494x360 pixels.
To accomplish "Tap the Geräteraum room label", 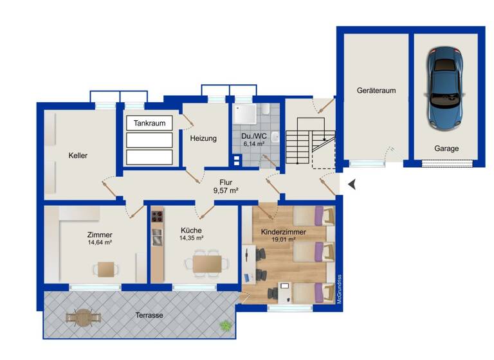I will tap(376, 91).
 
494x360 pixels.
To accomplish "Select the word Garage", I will tap(446, 148).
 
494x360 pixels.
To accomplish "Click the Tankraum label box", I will tap(150, 123).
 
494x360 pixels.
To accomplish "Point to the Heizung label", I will tap(203, 138).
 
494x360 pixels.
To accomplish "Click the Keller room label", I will tap(78, 156).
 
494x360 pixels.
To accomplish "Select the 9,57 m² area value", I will tap(226, 191).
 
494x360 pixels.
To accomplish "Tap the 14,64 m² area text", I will tap(100, 243).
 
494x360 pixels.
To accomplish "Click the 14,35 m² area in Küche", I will tap(191, 238).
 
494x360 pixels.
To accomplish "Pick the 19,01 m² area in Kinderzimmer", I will tap(283, 240).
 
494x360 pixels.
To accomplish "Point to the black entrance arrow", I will tap(352, 185).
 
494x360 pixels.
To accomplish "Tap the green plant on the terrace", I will tap(226, 326).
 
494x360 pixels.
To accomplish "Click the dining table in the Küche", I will tap(206, 263).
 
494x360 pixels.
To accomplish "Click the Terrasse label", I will tap(149, 316).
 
